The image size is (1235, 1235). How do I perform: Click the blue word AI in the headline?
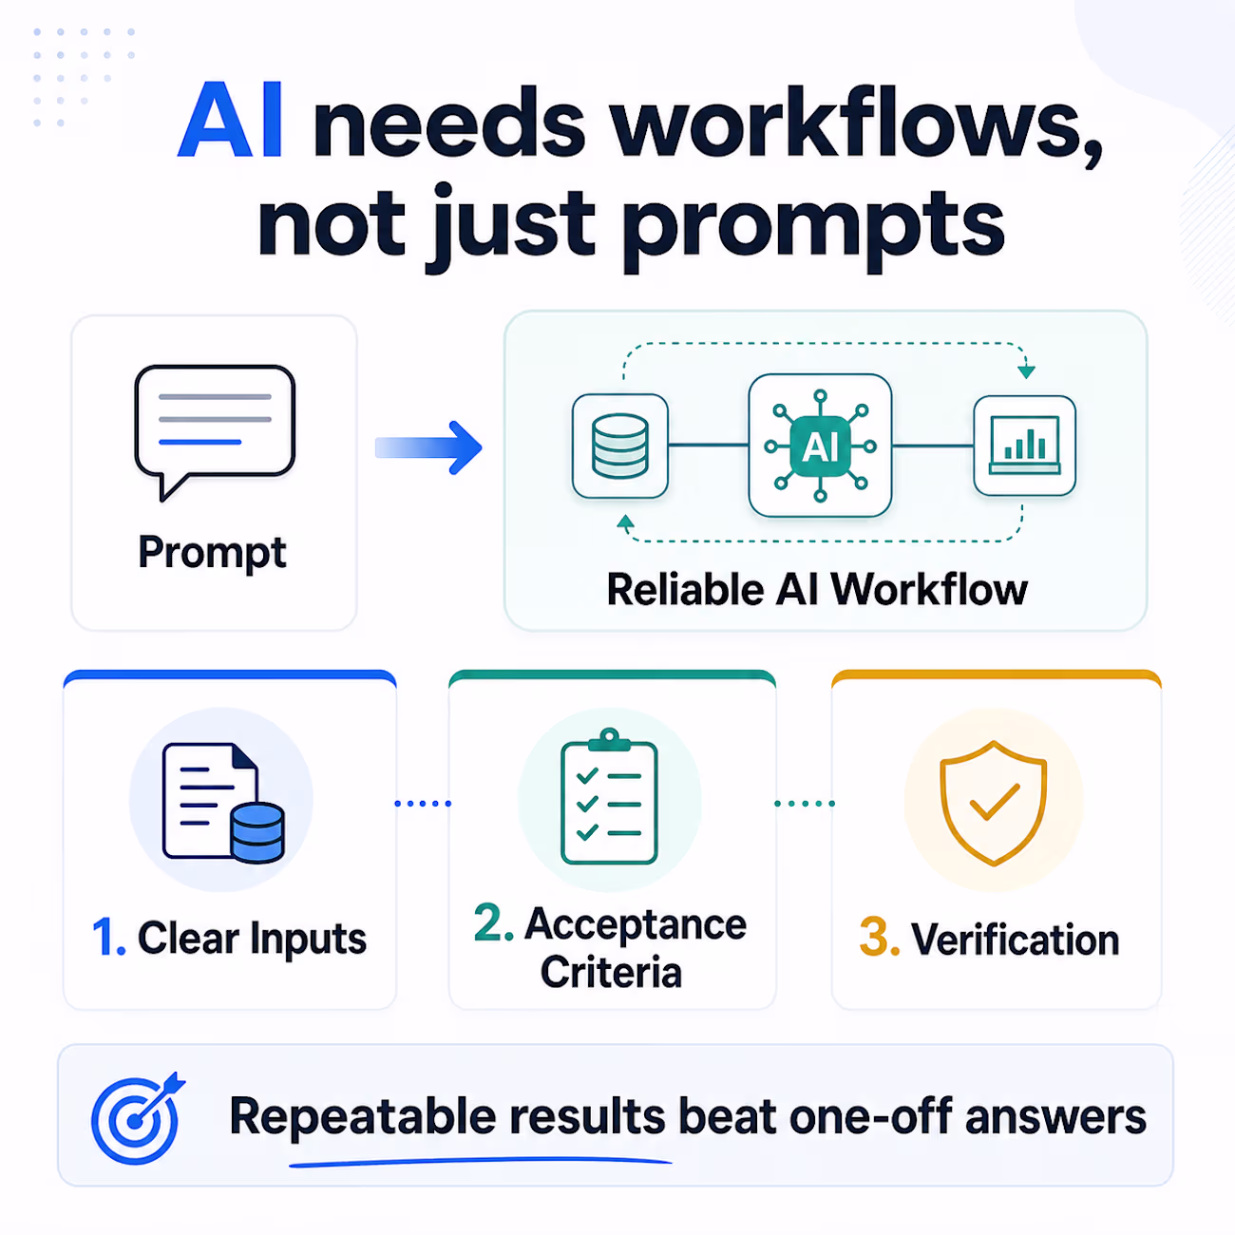point(230,120)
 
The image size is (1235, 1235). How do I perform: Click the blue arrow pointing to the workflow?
point(428,447)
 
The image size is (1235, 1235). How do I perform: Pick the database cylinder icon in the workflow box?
point(619,446)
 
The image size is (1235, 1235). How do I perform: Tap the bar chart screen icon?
point(1025,446)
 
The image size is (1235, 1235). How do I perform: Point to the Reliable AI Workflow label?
point(817,590)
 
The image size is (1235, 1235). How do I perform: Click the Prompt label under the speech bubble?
point(213,553)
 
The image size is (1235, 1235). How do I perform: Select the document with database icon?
point(223,803)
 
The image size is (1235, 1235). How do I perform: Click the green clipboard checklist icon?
point(609,797)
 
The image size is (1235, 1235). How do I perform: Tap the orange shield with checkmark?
point(994,803)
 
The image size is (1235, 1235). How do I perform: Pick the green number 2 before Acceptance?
point(493,923)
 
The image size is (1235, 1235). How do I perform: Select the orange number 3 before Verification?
point(880,939)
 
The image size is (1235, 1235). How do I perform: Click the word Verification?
point(1016,940)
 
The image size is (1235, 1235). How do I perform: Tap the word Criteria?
point(611,972)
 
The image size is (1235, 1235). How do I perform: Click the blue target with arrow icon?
point(137,1118)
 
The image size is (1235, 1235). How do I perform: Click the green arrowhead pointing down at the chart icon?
point(1027,371)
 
